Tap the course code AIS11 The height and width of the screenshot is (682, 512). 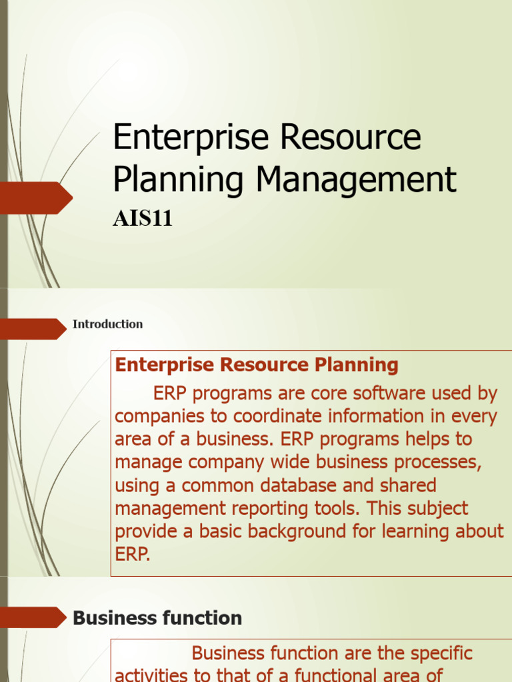click(143, 218)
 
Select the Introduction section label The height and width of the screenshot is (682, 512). click(107, 324)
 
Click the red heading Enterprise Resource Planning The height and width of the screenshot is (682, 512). click(257, 364)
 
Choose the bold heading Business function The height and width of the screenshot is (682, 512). click(157, 618)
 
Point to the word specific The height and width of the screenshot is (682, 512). click(435, 653)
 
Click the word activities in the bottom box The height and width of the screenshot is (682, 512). click(151, 674)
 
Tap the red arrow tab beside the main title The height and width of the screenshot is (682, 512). click(35, 198)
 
